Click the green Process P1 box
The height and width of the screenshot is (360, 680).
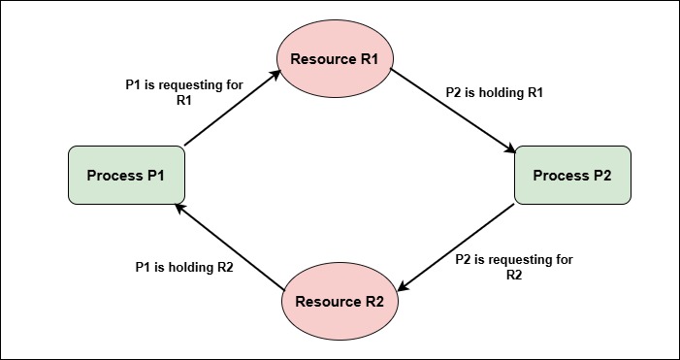[127, 176]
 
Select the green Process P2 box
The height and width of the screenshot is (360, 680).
[572, 176]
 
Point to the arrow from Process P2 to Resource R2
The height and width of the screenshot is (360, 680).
[456, 247]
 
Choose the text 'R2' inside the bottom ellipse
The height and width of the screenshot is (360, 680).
[373, 301]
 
